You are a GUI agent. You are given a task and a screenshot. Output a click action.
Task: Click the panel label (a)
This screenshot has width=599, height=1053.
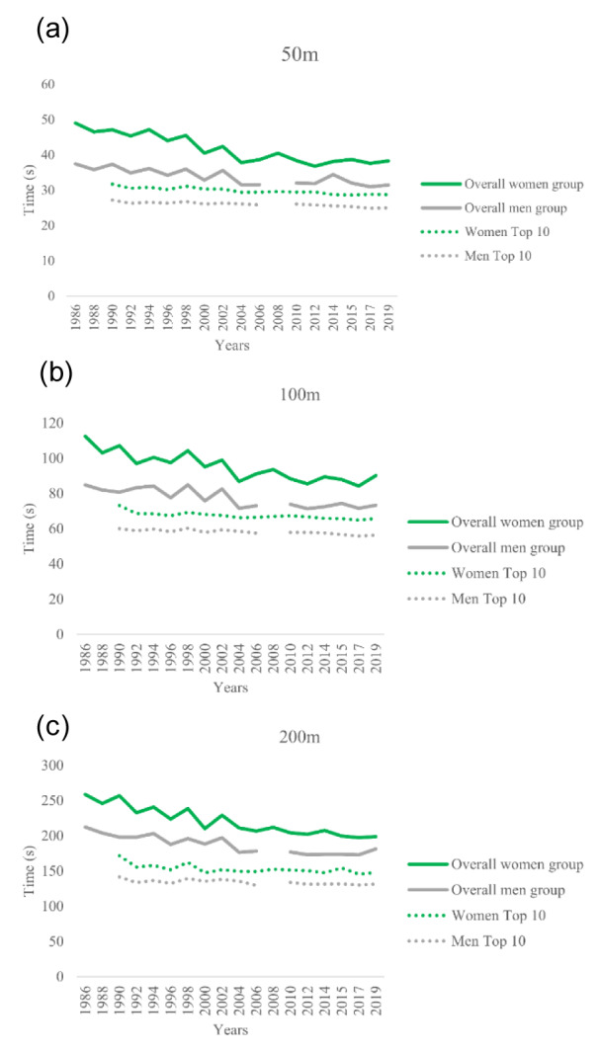point(52,30)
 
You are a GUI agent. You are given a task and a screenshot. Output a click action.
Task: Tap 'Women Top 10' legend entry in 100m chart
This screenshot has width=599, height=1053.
point(490,574)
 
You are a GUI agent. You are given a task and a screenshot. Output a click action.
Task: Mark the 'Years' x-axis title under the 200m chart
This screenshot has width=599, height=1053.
point(233,1030)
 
